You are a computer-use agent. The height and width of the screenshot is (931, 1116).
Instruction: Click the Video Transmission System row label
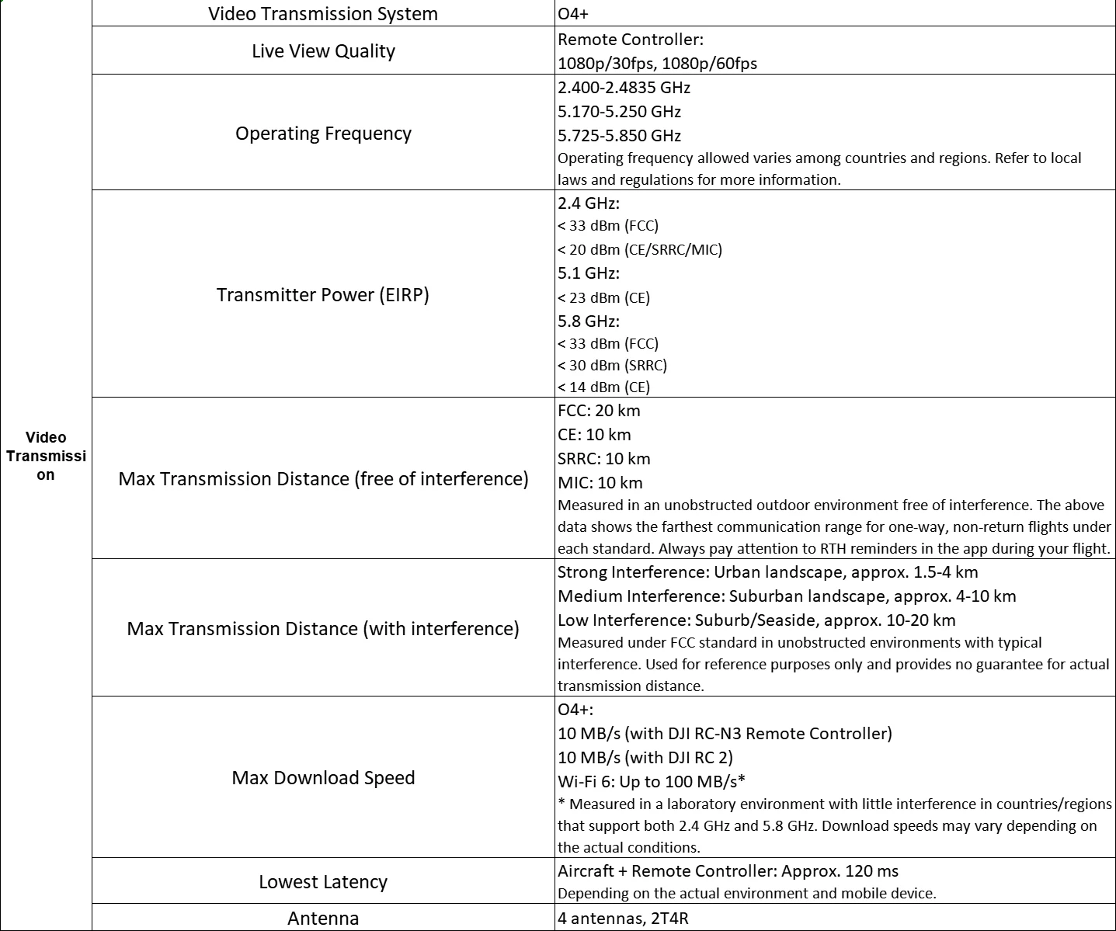[322, 14]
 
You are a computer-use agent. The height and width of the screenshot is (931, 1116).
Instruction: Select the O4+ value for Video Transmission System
[573, 14]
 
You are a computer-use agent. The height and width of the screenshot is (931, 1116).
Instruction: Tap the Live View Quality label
[323, 51]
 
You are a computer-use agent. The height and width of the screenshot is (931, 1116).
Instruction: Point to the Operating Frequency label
[323, 134]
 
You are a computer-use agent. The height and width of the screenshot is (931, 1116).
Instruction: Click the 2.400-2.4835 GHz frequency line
[624, 88]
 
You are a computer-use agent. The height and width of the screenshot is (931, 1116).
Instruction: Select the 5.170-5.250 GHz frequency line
[619, 112]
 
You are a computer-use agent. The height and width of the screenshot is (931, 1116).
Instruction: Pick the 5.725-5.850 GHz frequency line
[619, 136]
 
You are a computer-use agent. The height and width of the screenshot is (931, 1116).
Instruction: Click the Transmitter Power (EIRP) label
[323, 295]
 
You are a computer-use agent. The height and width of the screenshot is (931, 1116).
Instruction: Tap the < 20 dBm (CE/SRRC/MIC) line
[639, 250]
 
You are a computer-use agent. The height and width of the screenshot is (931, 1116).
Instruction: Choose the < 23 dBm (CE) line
[603, 298]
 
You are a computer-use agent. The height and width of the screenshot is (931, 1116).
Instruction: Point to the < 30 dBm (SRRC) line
[612, 366]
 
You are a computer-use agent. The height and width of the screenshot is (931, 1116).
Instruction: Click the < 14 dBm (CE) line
[603, 387]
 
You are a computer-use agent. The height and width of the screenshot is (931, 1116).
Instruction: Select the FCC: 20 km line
[599, 411]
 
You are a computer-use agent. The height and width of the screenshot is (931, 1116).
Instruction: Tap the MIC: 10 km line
[600, 483]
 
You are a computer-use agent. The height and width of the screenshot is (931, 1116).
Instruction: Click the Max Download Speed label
[323, 778]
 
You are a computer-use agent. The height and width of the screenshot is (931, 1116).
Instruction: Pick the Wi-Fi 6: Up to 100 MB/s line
[651, 781]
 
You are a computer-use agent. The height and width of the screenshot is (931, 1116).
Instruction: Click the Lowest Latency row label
[323, 882]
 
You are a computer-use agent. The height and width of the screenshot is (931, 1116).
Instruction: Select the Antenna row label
[323, 919]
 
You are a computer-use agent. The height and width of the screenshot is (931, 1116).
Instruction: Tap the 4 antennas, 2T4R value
[623, 919]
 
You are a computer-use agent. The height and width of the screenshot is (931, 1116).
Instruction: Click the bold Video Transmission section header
[46, 456]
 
